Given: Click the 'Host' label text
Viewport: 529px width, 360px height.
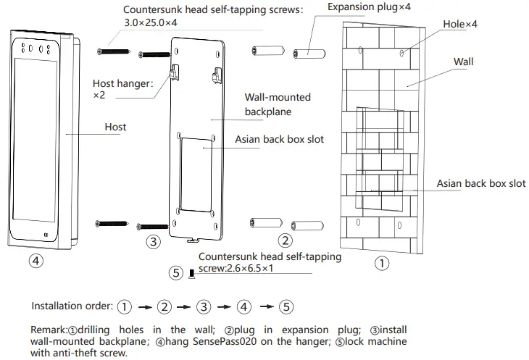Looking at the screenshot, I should [x=115, y=127].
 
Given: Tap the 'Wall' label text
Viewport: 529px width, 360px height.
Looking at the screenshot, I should [x=463, y=62].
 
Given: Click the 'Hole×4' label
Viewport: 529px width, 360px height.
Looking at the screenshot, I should [x=460, y=24].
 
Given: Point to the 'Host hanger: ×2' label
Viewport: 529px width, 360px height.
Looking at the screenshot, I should [x=122, y=89].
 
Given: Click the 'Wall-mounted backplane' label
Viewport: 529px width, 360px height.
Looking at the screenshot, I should [x=278, y=104].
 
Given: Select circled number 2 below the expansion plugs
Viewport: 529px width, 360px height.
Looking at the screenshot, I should [x=286, y=240].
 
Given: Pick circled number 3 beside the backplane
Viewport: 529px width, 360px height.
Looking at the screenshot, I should [x=152, y=242].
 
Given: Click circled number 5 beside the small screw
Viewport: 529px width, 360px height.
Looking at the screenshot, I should [x=175, y=273].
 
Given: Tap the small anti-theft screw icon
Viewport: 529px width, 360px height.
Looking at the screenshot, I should [x=191, y=274].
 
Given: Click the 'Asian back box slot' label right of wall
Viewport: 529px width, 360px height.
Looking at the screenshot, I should [x=481, y=184].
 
